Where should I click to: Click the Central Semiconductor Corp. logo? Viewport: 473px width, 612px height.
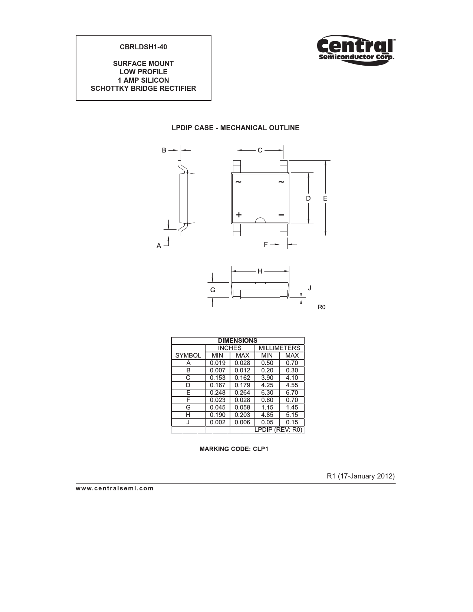tap(355, 50)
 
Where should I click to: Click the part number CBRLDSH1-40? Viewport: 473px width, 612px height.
tap(143, 47)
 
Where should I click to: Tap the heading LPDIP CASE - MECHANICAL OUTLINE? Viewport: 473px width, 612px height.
tap(235, 128)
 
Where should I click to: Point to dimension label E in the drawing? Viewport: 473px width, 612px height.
tap(325, 198)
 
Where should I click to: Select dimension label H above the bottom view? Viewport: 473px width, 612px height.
tap(260, 271)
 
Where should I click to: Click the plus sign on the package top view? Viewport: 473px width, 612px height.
tap(239, 215)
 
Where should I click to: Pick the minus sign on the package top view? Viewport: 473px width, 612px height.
tap(281, 215)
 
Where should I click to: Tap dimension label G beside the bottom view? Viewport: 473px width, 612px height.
tap(213, 290)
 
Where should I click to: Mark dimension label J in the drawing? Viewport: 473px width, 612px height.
tap(309, 288)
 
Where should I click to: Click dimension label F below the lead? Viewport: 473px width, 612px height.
tap(266, 244)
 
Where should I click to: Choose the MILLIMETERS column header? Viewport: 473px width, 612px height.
tap(279, 348)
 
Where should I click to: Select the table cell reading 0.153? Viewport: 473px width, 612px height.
tap(217, 378)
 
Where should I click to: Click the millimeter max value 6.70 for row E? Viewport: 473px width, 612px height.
tap(292, 392)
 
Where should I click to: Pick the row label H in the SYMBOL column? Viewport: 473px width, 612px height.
tap(188, 415)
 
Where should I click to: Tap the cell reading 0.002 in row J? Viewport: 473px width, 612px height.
tap(217, 422)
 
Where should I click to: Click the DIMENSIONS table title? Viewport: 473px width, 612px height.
tap(237, 340)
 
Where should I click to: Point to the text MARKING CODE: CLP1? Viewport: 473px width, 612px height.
tap(234, 449)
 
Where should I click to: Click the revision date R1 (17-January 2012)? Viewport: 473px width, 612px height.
tap(360, 476)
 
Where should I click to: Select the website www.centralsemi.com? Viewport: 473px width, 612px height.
tap(115, 488)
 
